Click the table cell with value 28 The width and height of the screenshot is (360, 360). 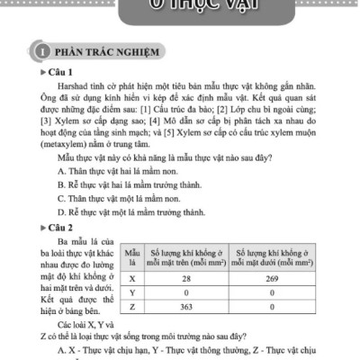point(184,279)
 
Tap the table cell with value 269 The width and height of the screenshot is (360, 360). point(273,279)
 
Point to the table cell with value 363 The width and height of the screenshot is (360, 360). point(184,308)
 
